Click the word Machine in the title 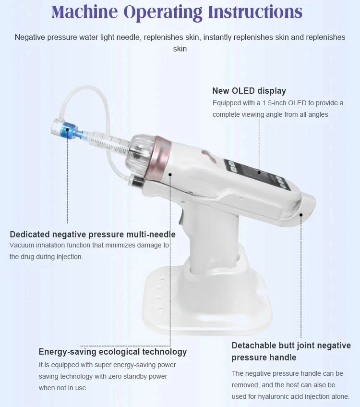pos(84,12)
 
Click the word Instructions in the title pos(255,12)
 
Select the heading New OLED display pos(249,91)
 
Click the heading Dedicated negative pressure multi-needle pos(93,234)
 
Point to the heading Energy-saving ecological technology pos(113,352)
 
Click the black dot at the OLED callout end pos(259,173)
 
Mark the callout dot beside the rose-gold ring pos(170,174)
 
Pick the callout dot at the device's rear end pos(301,215)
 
